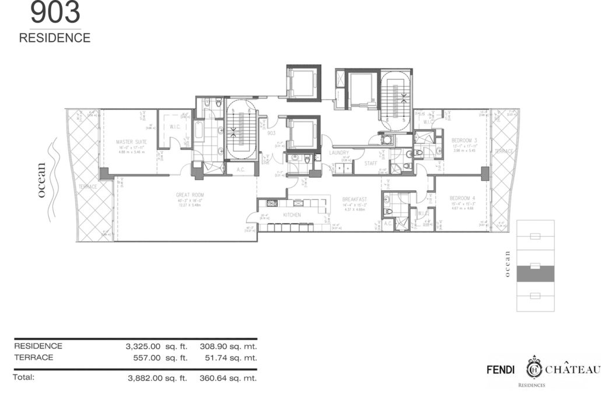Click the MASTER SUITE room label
click(131, 142)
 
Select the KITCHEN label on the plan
click(291, 215)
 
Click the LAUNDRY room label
click(338, 153)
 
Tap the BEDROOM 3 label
click(464, 140)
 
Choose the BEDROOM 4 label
click(463, 198)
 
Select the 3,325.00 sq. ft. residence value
click(156, 346)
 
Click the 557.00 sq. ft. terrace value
click(159, 358)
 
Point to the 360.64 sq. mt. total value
click(228, 378)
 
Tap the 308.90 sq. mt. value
click(228, 346)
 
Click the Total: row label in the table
click(24, 377)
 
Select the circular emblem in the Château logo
click(534, 369)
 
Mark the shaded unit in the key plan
click(535, 272)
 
